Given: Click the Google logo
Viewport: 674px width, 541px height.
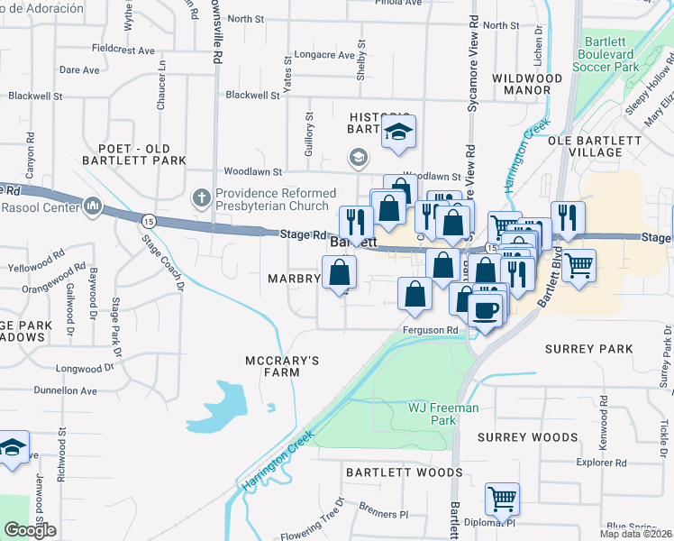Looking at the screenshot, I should coord(30,530).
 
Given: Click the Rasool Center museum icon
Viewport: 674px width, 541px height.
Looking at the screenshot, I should coord(93,208).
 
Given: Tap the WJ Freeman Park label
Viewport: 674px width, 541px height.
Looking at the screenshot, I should coord(443,414).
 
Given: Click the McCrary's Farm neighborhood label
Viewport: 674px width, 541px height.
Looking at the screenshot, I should coord(283,368).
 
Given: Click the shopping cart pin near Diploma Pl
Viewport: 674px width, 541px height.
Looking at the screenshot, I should coord(502,498).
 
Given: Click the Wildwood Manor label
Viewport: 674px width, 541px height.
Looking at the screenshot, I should coord(527,85).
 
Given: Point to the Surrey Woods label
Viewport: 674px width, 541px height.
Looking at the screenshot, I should coord(528,437).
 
